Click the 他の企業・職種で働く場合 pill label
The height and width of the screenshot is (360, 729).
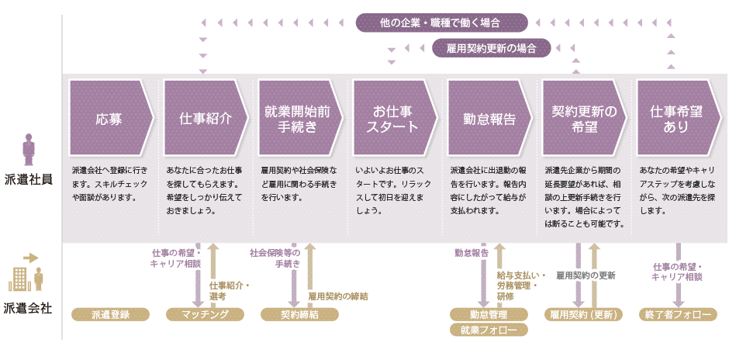(441, 23)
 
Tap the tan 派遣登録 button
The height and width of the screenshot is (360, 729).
(109, 314)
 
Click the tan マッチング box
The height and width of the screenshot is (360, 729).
(205, 314)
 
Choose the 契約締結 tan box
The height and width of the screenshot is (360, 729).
(299, 314)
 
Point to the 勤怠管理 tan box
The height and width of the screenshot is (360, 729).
(488, 314)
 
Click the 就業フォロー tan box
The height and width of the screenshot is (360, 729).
(488, 330)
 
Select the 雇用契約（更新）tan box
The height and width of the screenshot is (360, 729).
(582, 314)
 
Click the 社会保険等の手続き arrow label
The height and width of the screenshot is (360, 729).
(275, 258)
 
